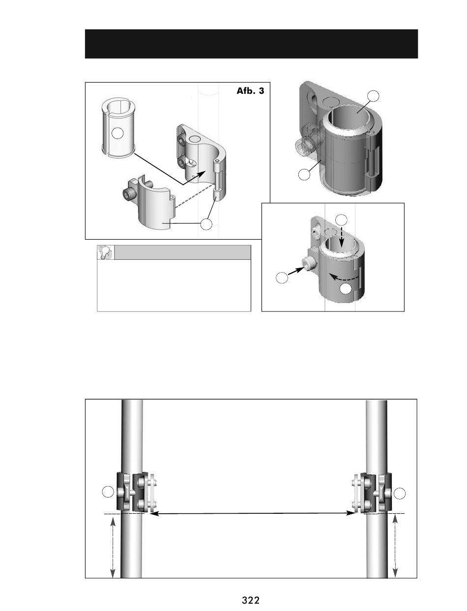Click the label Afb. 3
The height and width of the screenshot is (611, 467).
click(250, 91)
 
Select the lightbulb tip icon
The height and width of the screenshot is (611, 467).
click(106, 252)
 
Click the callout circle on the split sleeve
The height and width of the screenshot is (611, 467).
click(117, 133)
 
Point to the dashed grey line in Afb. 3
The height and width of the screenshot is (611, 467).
click(195, 196)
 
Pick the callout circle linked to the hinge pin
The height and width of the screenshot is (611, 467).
click(206, 224)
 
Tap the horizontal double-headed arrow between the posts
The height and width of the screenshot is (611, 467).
click(253, 513)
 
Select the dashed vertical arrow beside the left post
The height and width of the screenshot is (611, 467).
click(113, 547)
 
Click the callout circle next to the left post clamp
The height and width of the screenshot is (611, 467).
click(108, 492)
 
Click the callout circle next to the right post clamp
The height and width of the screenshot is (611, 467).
click(400, 494)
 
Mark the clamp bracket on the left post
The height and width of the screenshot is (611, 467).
click(136, 492)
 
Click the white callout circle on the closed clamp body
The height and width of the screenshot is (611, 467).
click(346, 289)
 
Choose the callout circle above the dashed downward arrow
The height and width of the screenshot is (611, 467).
click(341, 220)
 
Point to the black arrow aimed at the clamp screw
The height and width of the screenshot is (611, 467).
click(296, 271)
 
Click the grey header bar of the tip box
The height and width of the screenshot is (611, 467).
click(182, 252)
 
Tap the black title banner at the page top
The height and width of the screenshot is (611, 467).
click(251, 44)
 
